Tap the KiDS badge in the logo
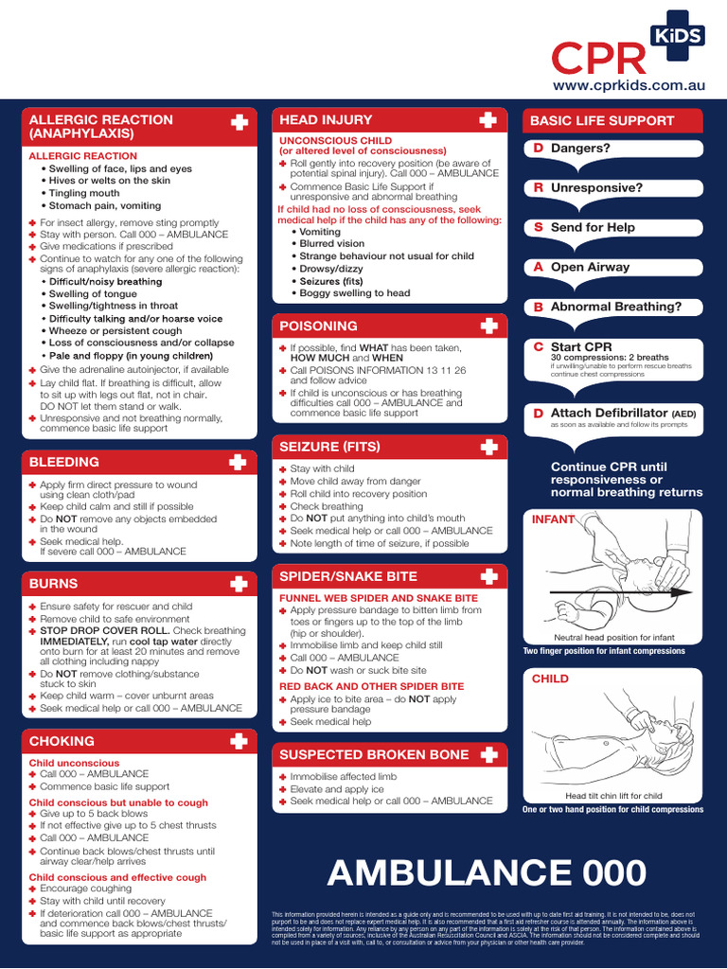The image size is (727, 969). click(676, 36)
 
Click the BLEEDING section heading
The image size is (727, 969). click(64, 462)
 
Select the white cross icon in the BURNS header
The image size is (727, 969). click(239, 583)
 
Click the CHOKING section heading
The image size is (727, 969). click(62, 741)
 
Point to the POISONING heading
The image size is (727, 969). click(318, 326)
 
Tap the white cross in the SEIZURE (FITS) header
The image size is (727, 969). click(488, 446)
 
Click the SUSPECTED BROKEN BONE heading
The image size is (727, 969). click(374, 754)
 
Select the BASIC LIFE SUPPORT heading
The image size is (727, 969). click(602, 121)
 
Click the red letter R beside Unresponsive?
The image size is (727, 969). click(538, 187)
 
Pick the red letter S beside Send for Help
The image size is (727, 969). click(538, 227)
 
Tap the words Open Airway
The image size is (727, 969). click(590, 267)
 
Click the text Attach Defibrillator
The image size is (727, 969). click(609, 413)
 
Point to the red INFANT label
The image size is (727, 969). click(553, 520)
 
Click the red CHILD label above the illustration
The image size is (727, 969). click(550, 678)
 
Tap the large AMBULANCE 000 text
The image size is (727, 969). click(487, 873)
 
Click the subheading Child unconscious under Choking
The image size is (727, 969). click(75, 763)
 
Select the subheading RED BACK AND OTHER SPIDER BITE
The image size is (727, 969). click(371, 686)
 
